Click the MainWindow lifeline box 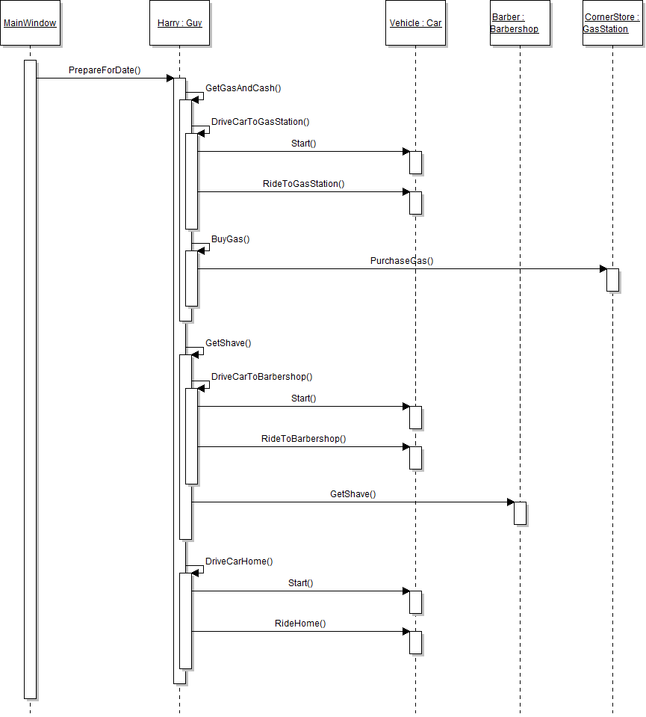pyautogui.click(x=30, y=23)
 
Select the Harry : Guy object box pyautogui.click(x=179, y=23)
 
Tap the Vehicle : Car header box pyautogui.click(x=415, y=23)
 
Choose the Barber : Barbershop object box pyautogui.click(x=520, y=23)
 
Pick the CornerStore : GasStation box pyautogui.click(x=612, y=23)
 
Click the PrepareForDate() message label pyautogui.click(x=105, y=70)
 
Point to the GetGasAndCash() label pyautogui.click(x=243, y=88)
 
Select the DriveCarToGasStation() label pyautogui.click(x=260, y=121)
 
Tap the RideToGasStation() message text pyautogui.click(x=303, y=183)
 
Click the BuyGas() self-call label pyautogui.click(x=230, y=239)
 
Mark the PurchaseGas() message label pyautogui.click(x=402, y=261)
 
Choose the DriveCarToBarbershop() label pyautogui.click(x=261, y=377)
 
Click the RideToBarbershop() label pyautogui.click(x=303, y=439)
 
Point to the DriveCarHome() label pyautogui.click(x=239, y=561)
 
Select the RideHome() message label pyautogui.click(x=300, y=623)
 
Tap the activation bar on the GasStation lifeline pyautogui.click(x=612, y=280)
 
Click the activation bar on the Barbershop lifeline pyautogui.click(x=520, y=513)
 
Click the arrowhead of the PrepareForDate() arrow pyautogui.click(x=170, y=78)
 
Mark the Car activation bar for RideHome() pyautogui.click(x=415, y=642)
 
